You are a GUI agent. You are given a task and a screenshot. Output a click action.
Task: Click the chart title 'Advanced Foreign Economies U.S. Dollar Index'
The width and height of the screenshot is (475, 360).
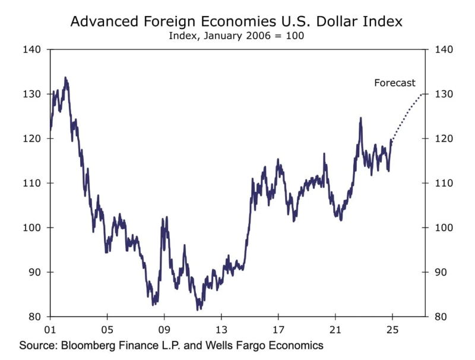click(x=237, y=22)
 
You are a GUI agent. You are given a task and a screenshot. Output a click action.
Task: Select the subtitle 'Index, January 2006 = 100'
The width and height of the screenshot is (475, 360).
click(x=237, y=36)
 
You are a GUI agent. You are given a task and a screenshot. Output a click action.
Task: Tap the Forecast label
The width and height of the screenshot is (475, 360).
click(x=395, y=83)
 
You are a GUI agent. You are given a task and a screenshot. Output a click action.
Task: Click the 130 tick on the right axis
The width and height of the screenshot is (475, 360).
click(x=444, y=94)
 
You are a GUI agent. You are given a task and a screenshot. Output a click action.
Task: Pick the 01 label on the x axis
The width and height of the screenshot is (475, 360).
click(x=50, y=329)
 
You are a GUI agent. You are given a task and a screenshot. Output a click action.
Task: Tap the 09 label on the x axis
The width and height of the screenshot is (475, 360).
click(x=164, y=329)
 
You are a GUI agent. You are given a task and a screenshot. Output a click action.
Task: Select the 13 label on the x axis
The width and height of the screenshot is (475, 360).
click(x=221, y=329)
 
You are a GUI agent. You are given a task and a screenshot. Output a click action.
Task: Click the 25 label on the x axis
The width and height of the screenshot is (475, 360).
click(x=392, y=329)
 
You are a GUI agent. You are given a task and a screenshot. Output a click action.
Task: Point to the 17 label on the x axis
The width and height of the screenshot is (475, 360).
click(x=278, y=329)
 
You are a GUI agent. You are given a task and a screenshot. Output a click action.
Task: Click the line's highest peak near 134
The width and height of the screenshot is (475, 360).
click(x=65, y=77)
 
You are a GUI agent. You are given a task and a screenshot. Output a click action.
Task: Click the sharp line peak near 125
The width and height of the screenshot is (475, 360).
click(x=360, y=118)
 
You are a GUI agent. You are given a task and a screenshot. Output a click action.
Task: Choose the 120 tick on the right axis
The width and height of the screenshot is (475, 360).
click(x=444, y=138)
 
